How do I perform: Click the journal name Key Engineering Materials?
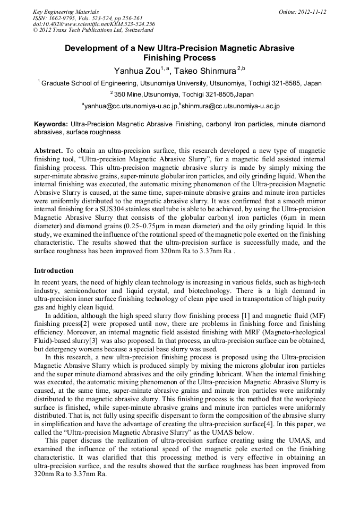click(x=65, y=12)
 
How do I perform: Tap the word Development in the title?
click(x=89, y=48)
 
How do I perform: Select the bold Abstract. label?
click(x=49, y=151)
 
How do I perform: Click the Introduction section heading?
click(x=54, y=270)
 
